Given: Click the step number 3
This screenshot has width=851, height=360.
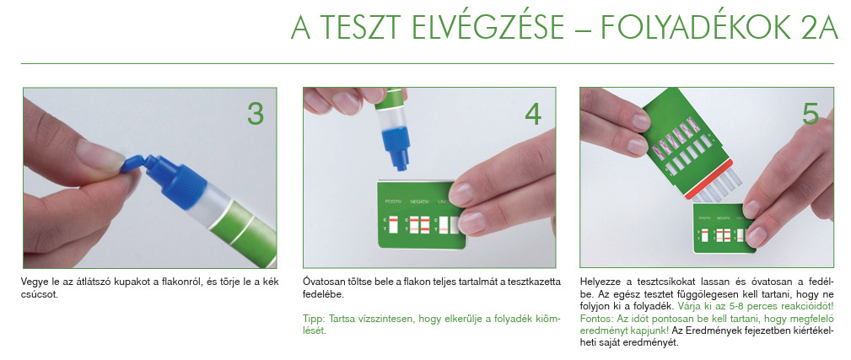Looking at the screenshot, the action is tap(256, 114).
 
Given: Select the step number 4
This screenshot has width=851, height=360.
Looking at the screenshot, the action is tap(534, 114).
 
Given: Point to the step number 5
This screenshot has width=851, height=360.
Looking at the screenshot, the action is tap(811, 114).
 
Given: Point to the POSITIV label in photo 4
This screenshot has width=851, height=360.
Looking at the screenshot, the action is tap(393, 201).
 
